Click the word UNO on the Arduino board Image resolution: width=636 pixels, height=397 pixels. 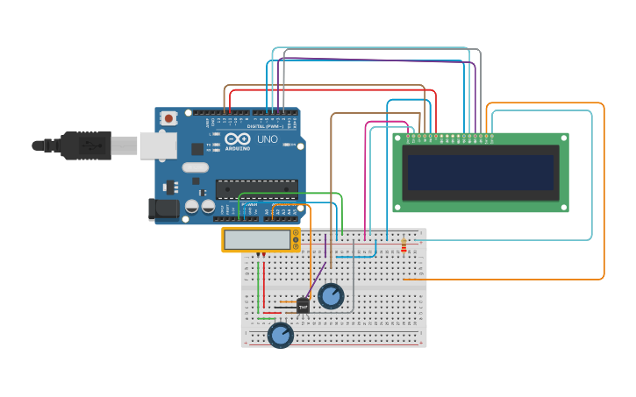pos(267,139)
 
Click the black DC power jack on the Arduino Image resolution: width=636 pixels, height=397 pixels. pos(162,209)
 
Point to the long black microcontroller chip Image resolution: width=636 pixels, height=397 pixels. pos(256,189)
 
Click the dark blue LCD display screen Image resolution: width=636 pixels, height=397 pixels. pos(480,173)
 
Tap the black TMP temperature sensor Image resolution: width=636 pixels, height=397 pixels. pos(303,306)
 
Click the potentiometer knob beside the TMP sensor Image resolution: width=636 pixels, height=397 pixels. pos(331,296)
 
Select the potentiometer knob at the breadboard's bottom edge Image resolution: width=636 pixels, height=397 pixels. pos(280,335)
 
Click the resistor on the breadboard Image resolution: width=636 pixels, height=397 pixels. pos(404,245)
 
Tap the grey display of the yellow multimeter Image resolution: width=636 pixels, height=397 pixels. pos(256,239)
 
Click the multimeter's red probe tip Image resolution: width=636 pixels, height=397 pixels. pos(264,256)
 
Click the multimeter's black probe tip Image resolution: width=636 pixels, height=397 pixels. pos(258,256)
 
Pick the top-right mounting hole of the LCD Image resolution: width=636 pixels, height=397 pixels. pos(562,138)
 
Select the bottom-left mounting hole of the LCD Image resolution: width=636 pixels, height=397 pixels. pos(398,207)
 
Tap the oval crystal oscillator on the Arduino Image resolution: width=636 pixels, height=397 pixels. pos(196,167)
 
